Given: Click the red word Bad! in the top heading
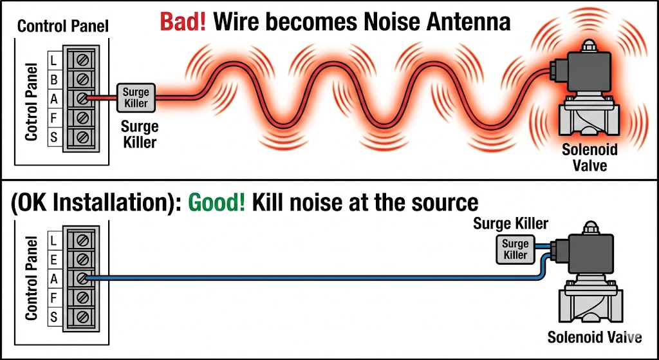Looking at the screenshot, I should [x=182, y=22].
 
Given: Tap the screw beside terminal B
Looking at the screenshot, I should [x=82, y=79].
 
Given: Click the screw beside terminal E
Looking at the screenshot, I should [x=82, y=258].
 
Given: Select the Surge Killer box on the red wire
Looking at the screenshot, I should [x=136, y=98].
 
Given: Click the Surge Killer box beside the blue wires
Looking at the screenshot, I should [x=515, y=249].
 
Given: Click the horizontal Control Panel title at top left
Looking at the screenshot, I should [x=62, y=26].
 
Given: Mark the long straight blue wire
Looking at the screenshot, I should [x=309, y=279].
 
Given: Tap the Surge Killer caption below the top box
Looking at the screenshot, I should [x=138, y=134].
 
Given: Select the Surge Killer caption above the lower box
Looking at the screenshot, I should [x=510, y=224].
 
